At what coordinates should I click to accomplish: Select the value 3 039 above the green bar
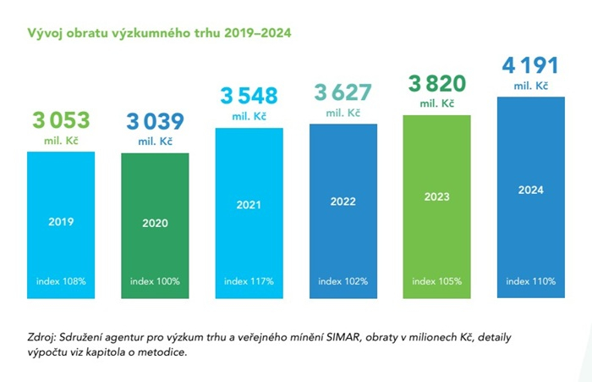point(155,121)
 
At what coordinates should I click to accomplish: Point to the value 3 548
point(249,95)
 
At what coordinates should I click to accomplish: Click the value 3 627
point(343,92)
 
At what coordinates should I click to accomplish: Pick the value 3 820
point(436,83)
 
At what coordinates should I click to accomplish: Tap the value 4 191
point(530,66)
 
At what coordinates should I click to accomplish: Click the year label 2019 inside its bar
point(62,222)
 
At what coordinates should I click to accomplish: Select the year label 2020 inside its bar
point(155,224)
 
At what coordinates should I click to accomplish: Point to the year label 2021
point(249,205)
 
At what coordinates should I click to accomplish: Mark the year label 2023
point(436,197)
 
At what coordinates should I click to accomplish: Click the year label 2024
point(530,190)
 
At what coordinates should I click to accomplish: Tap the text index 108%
point(62,280)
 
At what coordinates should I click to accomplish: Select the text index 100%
point(155,280)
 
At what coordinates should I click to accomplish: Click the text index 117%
point(249,280)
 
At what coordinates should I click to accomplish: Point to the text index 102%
point(343,280)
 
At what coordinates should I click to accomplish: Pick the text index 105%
point(436,280)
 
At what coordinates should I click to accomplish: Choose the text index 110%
point(530,280)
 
